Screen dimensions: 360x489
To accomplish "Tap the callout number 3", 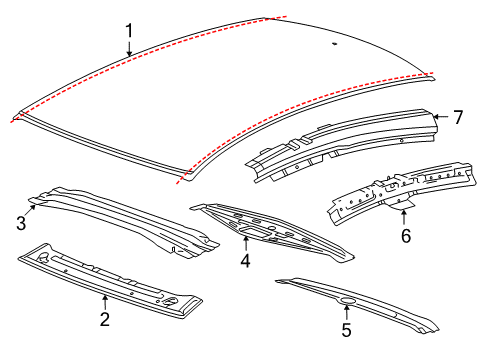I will (x=20, y=224).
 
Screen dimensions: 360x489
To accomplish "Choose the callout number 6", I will (x=405, y=236).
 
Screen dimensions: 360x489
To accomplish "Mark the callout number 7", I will (x=457, y=117).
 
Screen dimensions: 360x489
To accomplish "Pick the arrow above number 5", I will (x=345, y=308).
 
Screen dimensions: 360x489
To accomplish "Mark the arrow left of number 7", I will (x=438, y=117).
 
